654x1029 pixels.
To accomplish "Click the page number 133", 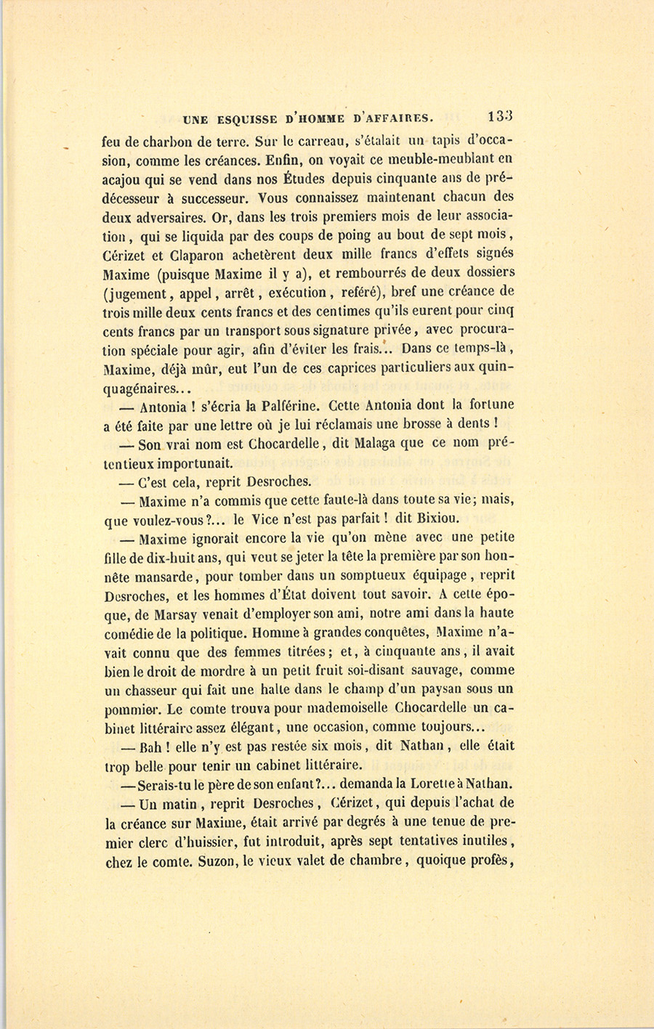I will coord(501,116).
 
